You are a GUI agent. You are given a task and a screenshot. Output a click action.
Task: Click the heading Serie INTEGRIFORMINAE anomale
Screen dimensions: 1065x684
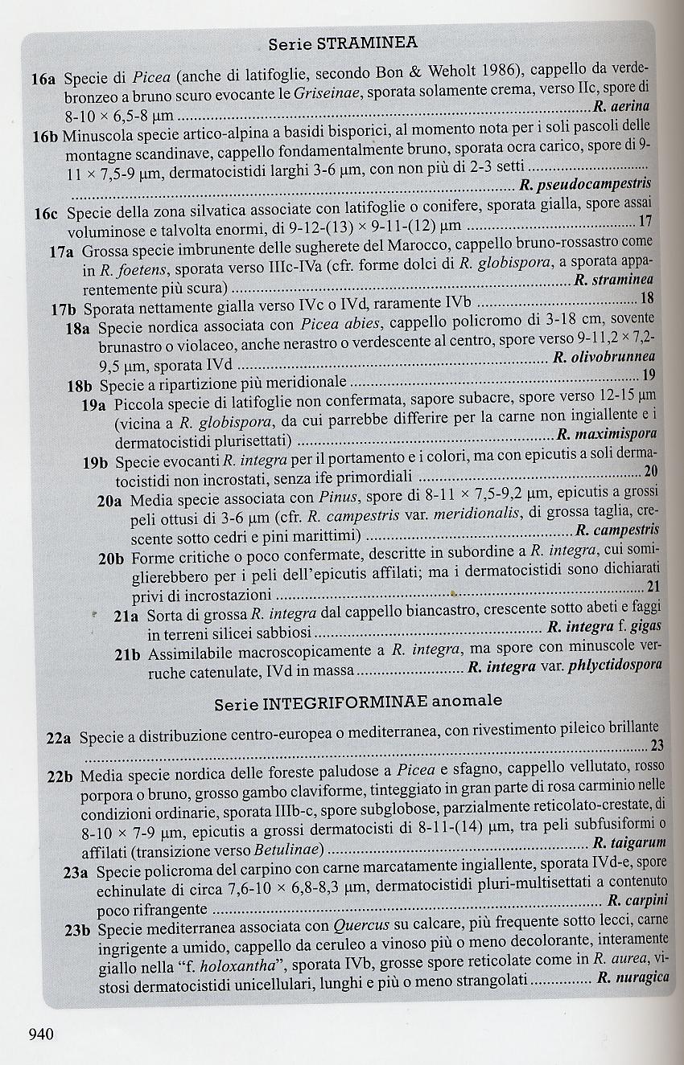click(358, 702)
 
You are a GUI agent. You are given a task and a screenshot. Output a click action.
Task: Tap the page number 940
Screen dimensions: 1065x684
click(40, 1034)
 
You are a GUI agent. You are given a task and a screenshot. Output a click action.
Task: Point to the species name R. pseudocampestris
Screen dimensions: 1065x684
click(585, 185)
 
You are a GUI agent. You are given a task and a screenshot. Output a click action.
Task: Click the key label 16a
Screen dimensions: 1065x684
click(43, 80)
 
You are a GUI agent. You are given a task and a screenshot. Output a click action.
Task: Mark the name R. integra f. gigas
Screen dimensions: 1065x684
click(604, 626)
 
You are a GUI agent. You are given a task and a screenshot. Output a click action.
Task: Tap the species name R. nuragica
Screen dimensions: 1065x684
click(633, 978)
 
